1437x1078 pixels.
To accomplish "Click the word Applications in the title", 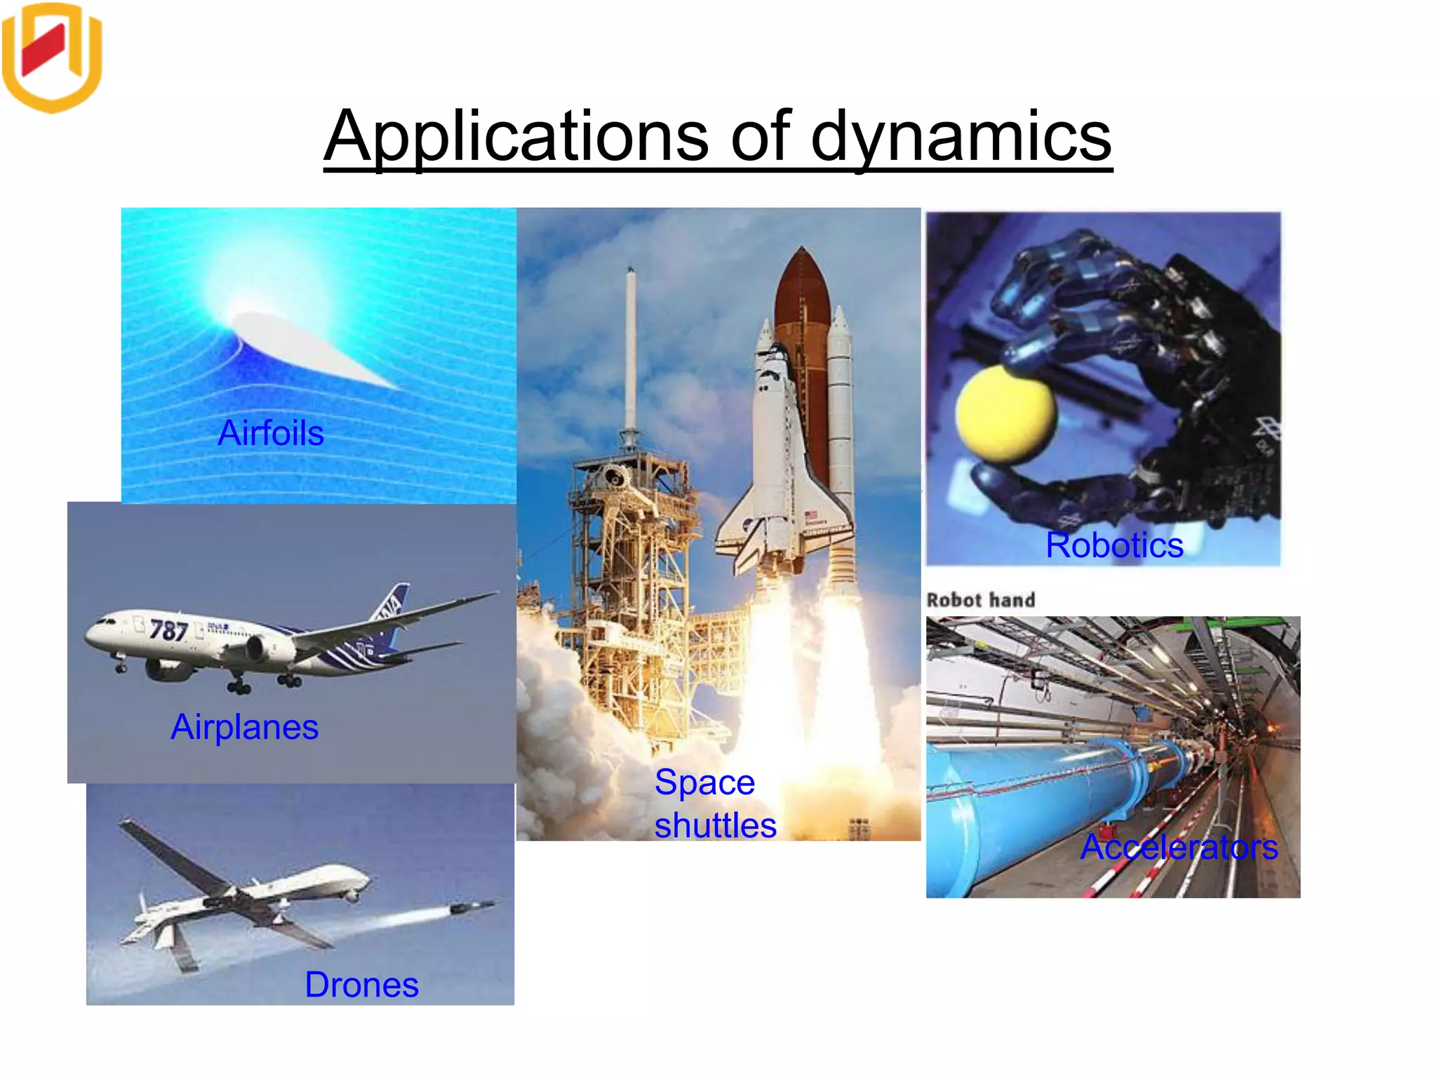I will (516, 137).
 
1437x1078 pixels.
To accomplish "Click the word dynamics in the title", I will (961, 137).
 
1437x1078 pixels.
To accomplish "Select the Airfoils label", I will (271, 433).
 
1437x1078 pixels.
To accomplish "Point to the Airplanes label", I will (244, 727).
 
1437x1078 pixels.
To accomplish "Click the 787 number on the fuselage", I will (168, 630).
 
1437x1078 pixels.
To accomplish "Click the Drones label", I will (361, 985).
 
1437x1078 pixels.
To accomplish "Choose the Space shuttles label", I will (714, 804).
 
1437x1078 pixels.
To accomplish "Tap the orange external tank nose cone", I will (801, 281).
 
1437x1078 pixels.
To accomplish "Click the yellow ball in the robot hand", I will (1005, 414).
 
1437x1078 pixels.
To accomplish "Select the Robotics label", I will (1114, 545).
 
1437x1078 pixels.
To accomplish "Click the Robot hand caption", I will (980, 600).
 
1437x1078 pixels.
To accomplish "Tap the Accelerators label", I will (1179, 847).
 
